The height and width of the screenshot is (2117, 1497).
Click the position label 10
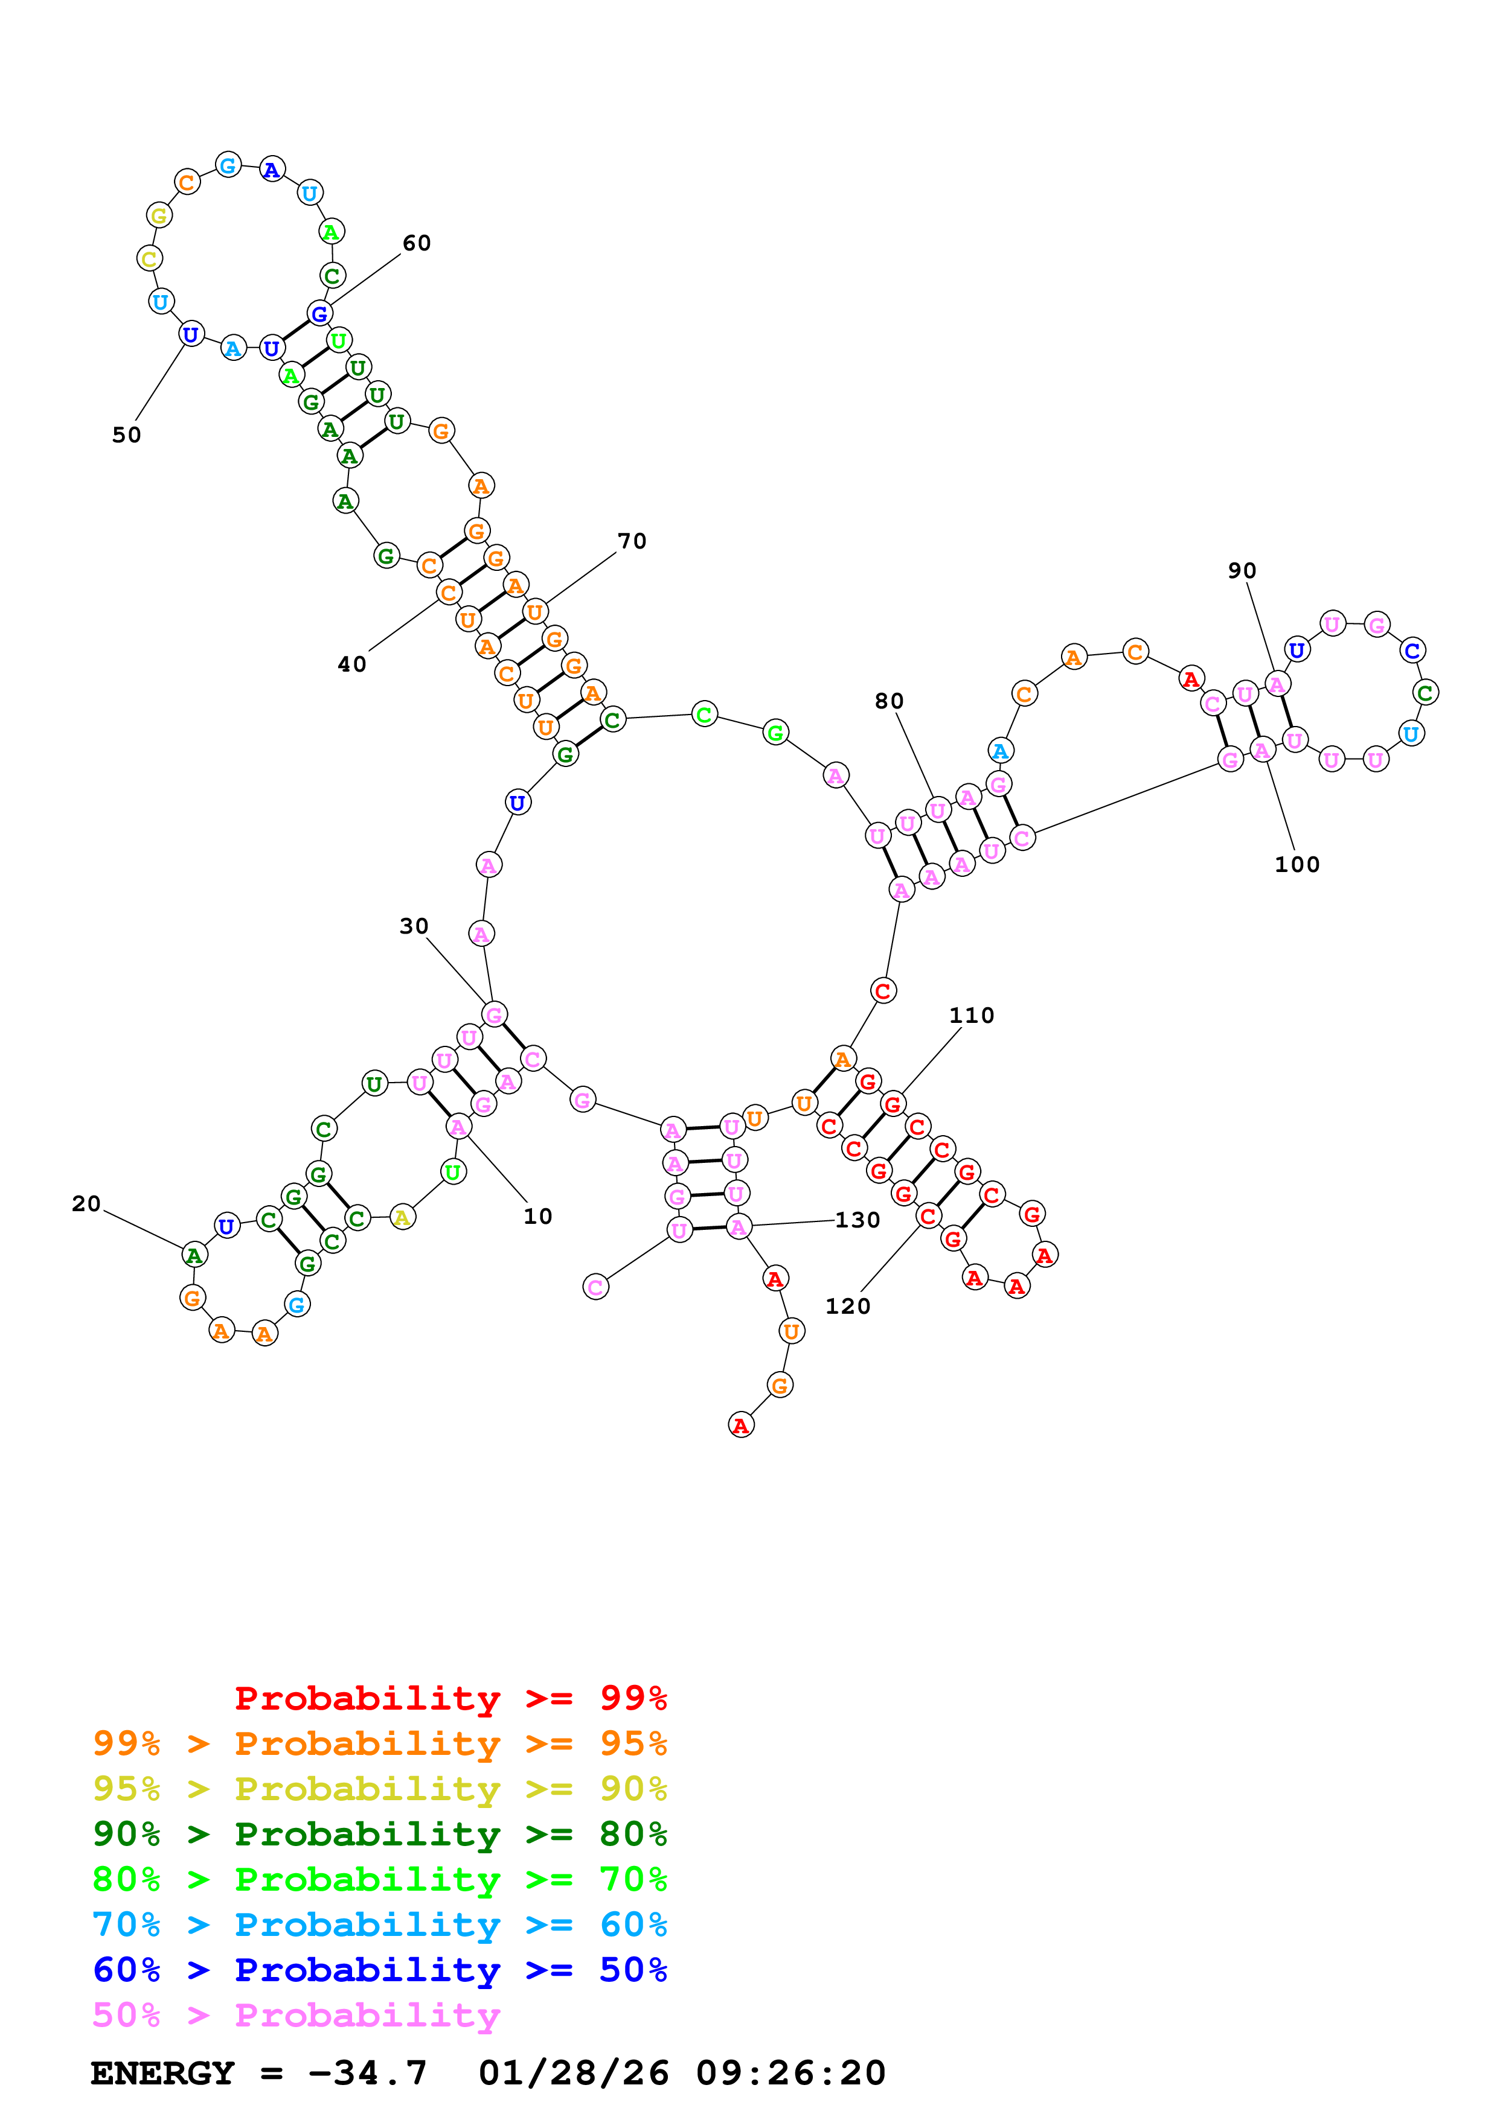tap(537, 1216)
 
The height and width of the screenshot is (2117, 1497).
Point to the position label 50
tap(126, 435)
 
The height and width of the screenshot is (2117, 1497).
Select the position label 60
tap(416, 243)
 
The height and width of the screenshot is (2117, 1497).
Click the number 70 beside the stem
tap(631, 541)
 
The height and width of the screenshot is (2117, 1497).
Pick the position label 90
tap(1242, 571)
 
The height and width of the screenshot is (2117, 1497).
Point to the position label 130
tap(857, 1220)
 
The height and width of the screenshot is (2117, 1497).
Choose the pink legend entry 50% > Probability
tap(296, 2014)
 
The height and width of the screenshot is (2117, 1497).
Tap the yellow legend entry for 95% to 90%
tap(379, 1788)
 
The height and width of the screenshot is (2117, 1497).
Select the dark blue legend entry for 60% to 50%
tap(379, 1970)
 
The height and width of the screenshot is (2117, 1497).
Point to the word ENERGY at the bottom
tap(162, 2073)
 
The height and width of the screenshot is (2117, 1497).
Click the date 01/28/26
tap(573, 2073)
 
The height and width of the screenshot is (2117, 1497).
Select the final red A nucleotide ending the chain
tap(741, 1425)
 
